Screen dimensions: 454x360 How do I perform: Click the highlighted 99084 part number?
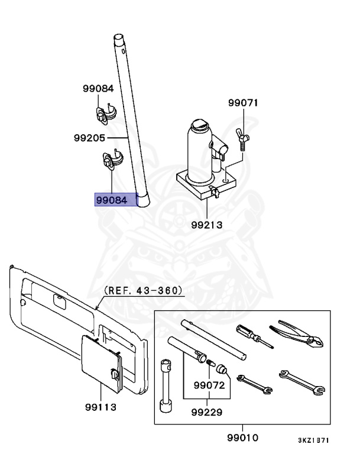[x=111, y=200]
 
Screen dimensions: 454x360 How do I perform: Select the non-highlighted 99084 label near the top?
[x=98, y=89]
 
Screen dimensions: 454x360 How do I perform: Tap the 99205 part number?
[x=89, y=138]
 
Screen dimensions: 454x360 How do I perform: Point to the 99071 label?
[x=244, y=103]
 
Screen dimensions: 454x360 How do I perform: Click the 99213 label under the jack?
[x=206, y=225]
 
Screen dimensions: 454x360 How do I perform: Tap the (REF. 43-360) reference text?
[x=143, y=291]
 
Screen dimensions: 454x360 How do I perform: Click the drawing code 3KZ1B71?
[x=313, y=440]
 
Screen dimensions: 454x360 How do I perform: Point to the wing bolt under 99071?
[x=243, y=141]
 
